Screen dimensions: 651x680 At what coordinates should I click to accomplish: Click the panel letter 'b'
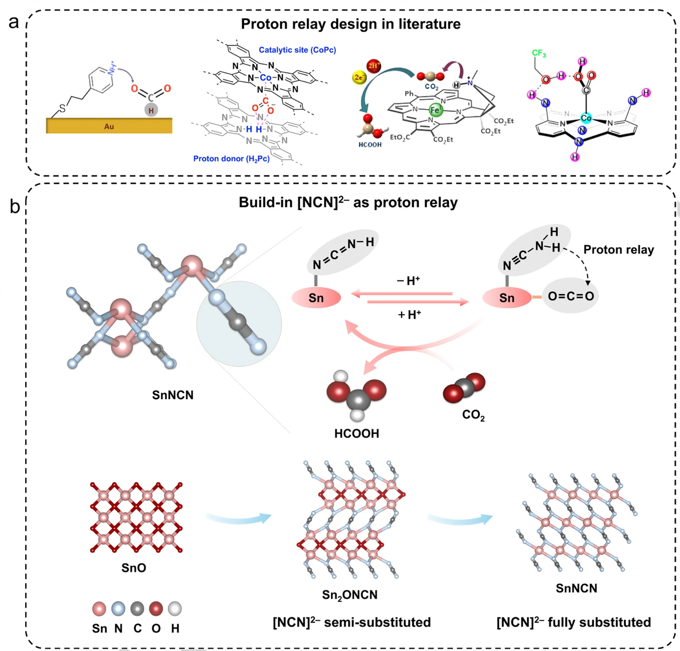pos(14,206)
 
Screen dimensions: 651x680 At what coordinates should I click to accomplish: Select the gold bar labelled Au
pos(109,126)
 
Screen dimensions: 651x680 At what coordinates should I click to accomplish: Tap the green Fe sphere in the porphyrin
pos(435,110)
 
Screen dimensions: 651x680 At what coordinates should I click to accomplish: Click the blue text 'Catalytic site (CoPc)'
pos(297,50)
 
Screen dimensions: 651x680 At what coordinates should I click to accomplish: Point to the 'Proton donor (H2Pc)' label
pos(231,158)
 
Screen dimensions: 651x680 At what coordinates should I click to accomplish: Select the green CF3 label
pos(539,53)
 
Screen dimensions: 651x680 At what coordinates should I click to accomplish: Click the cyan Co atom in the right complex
pos(586,118)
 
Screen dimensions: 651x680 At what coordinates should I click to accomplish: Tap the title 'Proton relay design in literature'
pos(350,24)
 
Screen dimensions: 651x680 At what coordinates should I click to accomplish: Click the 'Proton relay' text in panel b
pos(618,250)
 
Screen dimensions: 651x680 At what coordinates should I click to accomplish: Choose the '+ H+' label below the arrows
pos(409,314)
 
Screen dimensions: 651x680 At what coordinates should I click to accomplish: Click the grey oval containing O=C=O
pos(570,296)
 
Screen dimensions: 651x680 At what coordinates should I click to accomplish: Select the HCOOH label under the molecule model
pos(357,434)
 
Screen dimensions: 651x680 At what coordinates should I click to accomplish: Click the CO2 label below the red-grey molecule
pos(473,415)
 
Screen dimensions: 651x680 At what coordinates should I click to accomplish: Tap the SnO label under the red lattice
pos(133,568)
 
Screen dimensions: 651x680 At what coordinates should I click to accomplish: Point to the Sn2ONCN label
pos(350,595)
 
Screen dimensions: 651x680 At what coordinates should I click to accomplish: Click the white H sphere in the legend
pos(175,609)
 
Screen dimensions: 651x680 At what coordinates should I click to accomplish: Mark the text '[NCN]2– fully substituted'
pos(573,622)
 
